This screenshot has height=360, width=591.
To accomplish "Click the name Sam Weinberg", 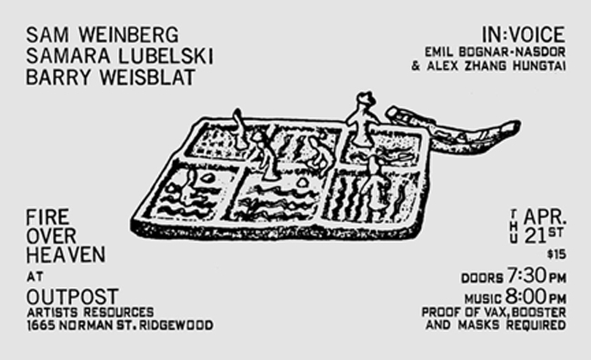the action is [102, 35].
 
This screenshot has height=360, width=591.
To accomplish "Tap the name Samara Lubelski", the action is [119, 56].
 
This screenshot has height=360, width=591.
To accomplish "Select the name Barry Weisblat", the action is [110, 77].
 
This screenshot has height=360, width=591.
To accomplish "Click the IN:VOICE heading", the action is [524, 35].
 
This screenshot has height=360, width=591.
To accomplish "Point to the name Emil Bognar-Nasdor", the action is [496, 52].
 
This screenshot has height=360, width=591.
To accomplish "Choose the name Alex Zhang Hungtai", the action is [496, 66].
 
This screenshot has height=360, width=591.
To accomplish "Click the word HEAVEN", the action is [65, 255].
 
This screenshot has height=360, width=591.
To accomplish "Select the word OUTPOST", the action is [73, 296].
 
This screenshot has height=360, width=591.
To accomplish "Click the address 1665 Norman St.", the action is [81, 325].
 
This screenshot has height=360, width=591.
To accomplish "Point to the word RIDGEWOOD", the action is [176, 325].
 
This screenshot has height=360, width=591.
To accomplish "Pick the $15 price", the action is [556, 255].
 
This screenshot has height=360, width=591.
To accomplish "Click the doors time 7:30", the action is [527, 275].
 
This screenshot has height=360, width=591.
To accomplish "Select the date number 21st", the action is [544, 235].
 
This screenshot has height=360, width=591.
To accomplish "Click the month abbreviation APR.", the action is [545, 216].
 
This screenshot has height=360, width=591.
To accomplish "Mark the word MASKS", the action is [481, 325].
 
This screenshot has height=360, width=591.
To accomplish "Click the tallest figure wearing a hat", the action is [363, 119].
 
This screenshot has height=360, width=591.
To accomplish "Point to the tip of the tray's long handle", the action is [518, 124].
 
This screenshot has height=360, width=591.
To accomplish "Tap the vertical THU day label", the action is [514, 226].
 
